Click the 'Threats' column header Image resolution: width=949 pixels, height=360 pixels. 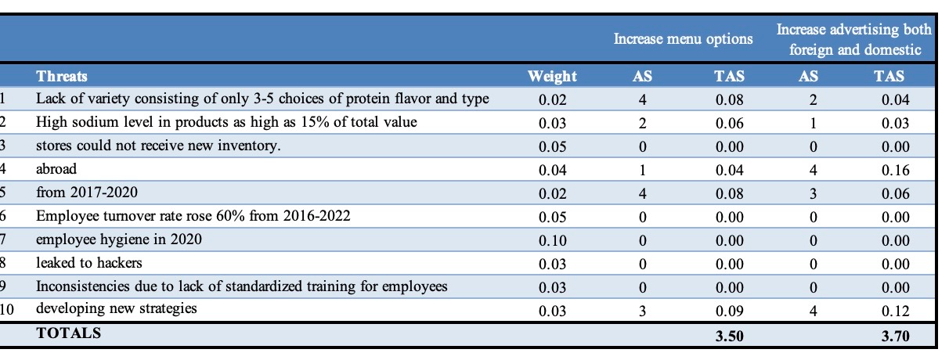[x=62, y=76]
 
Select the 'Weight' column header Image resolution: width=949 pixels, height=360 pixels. [x=551, y=76]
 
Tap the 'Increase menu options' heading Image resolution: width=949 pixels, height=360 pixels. [x=683, y=38]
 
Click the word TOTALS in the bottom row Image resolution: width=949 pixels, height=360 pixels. [x=69, y=333]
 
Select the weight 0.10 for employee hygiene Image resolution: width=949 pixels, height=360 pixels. [x=552, y=240]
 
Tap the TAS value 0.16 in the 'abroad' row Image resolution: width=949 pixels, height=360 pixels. [x=895, y=170]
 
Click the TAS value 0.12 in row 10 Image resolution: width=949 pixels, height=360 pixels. [x=895, y=311]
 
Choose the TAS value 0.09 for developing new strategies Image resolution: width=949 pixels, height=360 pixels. [x=730, y=311]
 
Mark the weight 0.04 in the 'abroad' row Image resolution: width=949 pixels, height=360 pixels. [x=552, y=170]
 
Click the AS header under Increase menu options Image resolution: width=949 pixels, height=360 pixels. [x=642, y=76]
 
